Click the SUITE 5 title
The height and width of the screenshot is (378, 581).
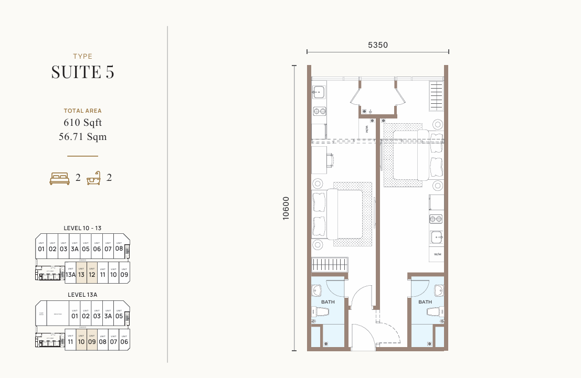(83, 72)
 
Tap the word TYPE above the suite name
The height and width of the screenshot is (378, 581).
(83, 56)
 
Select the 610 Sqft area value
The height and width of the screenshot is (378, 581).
(83, 123)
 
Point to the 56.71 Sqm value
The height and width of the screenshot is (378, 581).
(83, 137)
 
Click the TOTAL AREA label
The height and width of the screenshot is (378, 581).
(83, 111)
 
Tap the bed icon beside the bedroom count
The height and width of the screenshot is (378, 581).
(59, 179)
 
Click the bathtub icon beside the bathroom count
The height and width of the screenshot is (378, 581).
(94, 179)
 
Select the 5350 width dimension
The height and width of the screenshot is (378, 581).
(377, 45)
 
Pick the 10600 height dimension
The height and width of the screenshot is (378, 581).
(286, 208)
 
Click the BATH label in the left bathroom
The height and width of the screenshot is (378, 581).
(328, 302)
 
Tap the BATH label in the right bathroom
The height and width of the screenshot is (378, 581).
(425, 302)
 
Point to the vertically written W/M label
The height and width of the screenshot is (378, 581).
(367, 128)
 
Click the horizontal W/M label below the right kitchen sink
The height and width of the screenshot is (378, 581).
(437, 254)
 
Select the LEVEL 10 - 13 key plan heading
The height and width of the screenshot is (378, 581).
(82, 228)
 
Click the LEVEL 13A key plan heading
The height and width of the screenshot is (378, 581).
(82, 295)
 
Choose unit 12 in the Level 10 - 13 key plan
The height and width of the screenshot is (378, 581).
(92, 274)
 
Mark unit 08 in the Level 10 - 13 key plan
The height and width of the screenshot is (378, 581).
(119, 249)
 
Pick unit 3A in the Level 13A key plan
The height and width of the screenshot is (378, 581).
(108, 316)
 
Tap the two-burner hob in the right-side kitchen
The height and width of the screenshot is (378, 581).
(436, 219)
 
